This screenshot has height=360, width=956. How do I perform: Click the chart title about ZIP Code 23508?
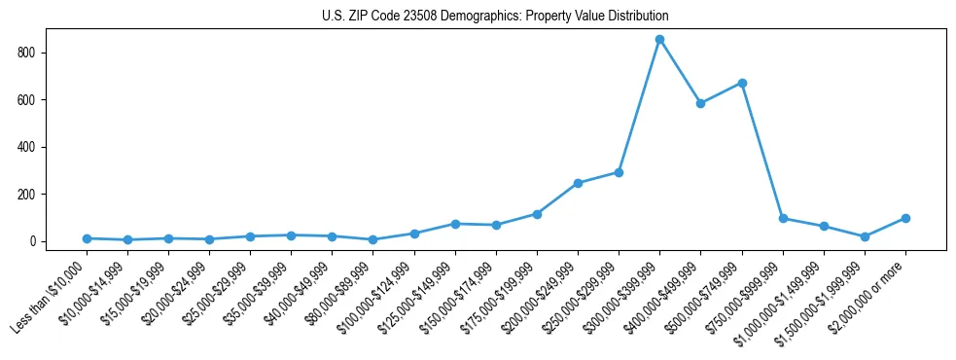pos(495,17)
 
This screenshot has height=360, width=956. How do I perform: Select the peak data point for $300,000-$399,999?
pos(659,40)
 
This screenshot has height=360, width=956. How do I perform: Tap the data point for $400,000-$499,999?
pos(700,103)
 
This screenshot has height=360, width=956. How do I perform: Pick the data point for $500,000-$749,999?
pos(742,83)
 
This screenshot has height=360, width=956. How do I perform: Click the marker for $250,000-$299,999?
pos(619,172)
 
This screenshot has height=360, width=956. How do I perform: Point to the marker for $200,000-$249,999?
pos(578,183)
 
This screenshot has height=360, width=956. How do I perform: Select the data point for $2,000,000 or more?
pos(905,218)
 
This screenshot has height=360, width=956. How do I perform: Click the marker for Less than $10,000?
pos(87,238)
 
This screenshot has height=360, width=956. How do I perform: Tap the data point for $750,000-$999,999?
pos(783,218)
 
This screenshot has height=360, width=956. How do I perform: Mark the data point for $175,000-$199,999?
pos(537,214)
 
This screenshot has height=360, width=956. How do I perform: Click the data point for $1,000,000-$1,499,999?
pos(824,227)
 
